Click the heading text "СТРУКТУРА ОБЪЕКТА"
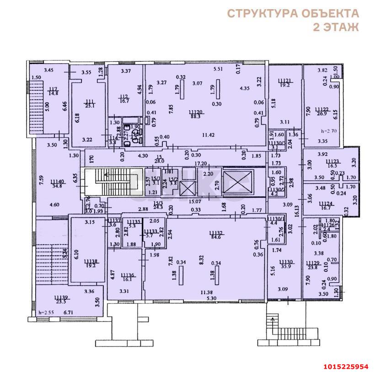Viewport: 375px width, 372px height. tap(293, 13)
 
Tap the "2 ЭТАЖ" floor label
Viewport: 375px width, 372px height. tap(335, 27)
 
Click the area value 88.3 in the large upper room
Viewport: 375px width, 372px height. tap(196, 117)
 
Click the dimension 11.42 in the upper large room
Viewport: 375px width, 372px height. tap(209, 135)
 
